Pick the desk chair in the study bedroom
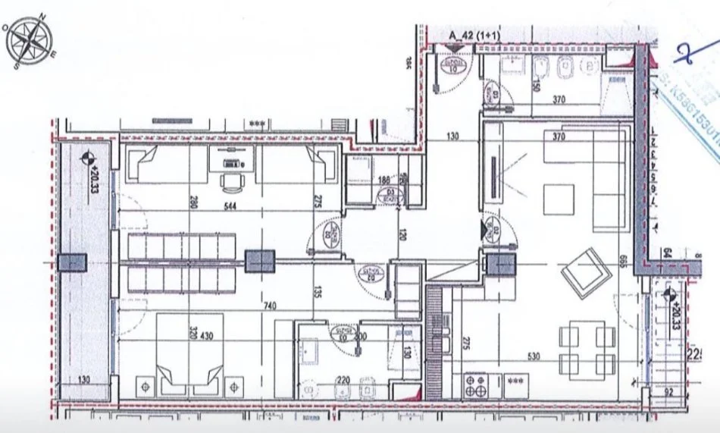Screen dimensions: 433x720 pyautogui.click(x=230, y=180)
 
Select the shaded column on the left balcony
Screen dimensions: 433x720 pyautogui.click(x=74, y=262)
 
